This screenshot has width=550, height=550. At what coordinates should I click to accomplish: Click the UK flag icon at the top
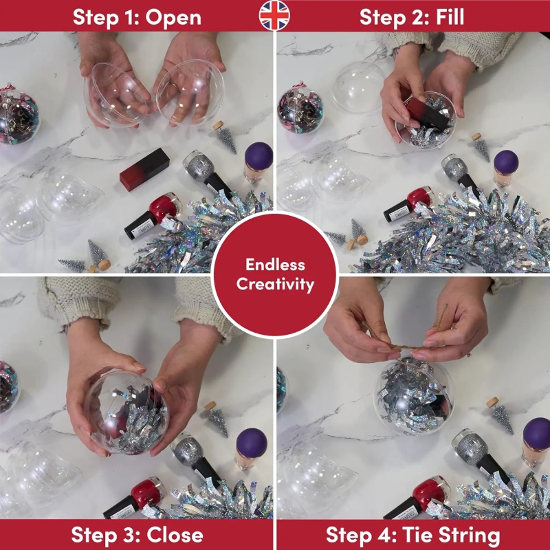coord(274,15)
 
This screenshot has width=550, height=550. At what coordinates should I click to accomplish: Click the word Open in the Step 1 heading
coord(173,18)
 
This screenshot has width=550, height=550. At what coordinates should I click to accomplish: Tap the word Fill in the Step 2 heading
coord(450,16)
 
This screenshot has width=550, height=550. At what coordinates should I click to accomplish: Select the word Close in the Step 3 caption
coord(175,535)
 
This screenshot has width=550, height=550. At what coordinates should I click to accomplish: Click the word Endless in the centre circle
coord(275,265)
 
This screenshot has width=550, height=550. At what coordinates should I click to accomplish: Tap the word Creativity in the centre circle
coord(275,285)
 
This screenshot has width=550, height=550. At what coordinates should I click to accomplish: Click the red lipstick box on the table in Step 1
coord(144,169)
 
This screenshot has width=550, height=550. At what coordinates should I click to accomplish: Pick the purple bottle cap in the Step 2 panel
coord(506,163)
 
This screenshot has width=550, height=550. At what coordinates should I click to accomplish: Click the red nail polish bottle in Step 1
coord(153,215)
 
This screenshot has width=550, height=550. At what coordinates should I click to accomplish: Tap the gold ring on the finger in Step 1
coord(175,85)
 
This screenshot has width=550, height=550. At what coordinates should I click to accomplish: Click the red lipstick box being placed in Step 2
coord(428,113)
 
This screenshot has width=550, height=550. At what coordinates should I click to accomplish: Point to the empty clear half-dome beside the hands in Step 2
coord(358,91)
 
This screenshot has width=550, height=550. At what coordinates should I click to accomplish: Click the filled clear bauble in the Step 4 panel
coord(414,397)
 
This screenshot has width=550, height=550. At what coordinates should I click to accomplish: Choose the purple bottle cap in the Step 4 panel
coord(537,433)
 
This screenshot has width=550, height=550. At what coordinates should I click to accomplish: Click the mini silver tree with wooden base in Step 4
coord(500,415)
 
